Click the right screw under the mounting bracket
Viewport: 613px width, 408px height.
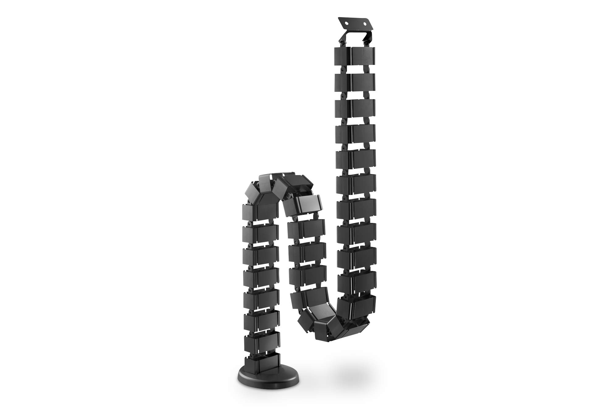pyautogui.click(x=364, y=43)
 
